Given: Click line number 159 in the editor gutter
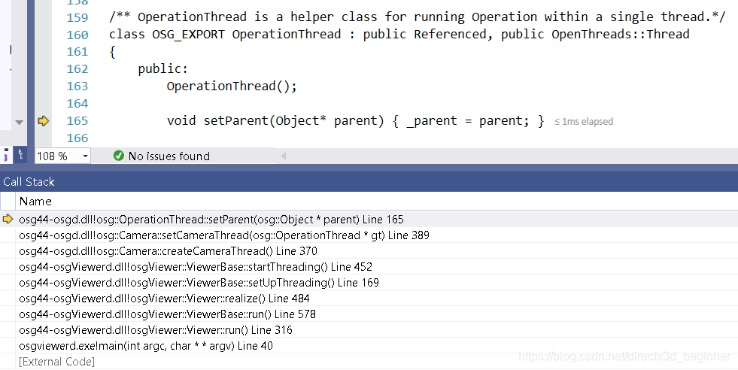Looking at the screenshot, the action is tap(77, 17).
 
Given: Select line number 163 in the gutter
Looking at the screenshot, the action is tap(77, 86).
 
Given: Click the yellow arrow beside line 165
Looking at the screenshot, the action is tap(43, 120).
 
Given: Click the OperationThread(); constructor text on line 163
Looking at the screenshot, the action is tap(232, 86).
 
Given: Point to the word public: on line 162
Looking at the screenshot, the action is tap(162, 69).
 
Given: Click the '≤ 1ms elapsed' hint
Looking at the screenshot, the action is tap(584, 121).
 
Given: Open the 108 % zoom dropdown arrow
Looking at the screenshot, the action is tap(85, 156).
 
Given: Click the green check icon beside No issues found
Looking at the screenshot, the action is tap(118, 156).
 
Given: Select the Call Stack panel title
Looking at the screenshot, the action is tap(29, 182).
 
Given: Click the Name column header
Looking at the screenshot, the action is tap(35, 202).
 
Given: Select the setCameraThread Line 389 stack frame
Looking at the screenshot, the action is tap(224, 235).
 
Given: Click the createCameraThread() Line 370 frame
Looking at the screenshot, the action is tap(168, 251).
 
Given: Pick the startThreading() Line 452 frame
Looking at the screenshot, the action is tap(196, 267).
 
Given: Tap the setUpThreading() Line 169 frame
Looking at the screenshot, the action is tap(199, 283).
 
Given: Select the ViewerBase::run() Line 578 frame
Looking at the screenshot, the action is tap(167, 314).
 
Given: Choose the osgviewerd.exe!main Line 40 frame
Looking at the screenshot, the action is tap(146, 346).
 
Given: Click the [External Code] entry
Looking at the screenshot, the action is tap(57, 362).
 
